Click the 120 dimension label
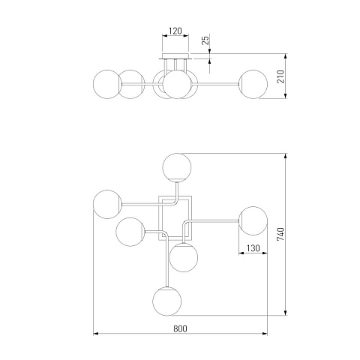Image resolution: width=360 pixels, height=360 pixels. pyautogui.click(x=175, y=31)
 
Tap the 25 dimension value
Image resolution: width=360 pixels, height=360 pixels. pyautogui.click(x=205, y=40)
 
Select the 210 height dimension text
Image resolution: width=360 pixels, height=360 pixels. pyautogui.click(x=281, y=76)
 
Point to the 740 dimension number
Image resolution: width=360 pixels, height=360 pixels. pyautogui.click(x=280, y=234)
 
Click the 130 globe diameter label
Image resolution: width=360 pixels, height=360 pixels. pyautogui.click(x=253, y=248)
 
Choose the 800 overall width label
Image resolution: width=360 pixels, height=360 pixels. pyautogui.click(x=180, y=328)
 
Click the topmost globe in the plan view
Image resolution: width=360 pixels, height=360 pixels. pyautogui.click(x=177, y=167)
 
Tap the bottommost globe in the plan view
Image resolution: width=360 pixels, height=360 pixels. pyautogui.click(x=167, y=301)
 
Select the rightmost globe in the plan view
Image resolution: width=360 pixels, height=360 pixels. pyautogui.click(x=253, y=220)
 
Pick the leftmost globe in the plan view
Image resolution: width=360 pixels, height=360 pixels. pyautogui.click(x=107, y=204)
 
